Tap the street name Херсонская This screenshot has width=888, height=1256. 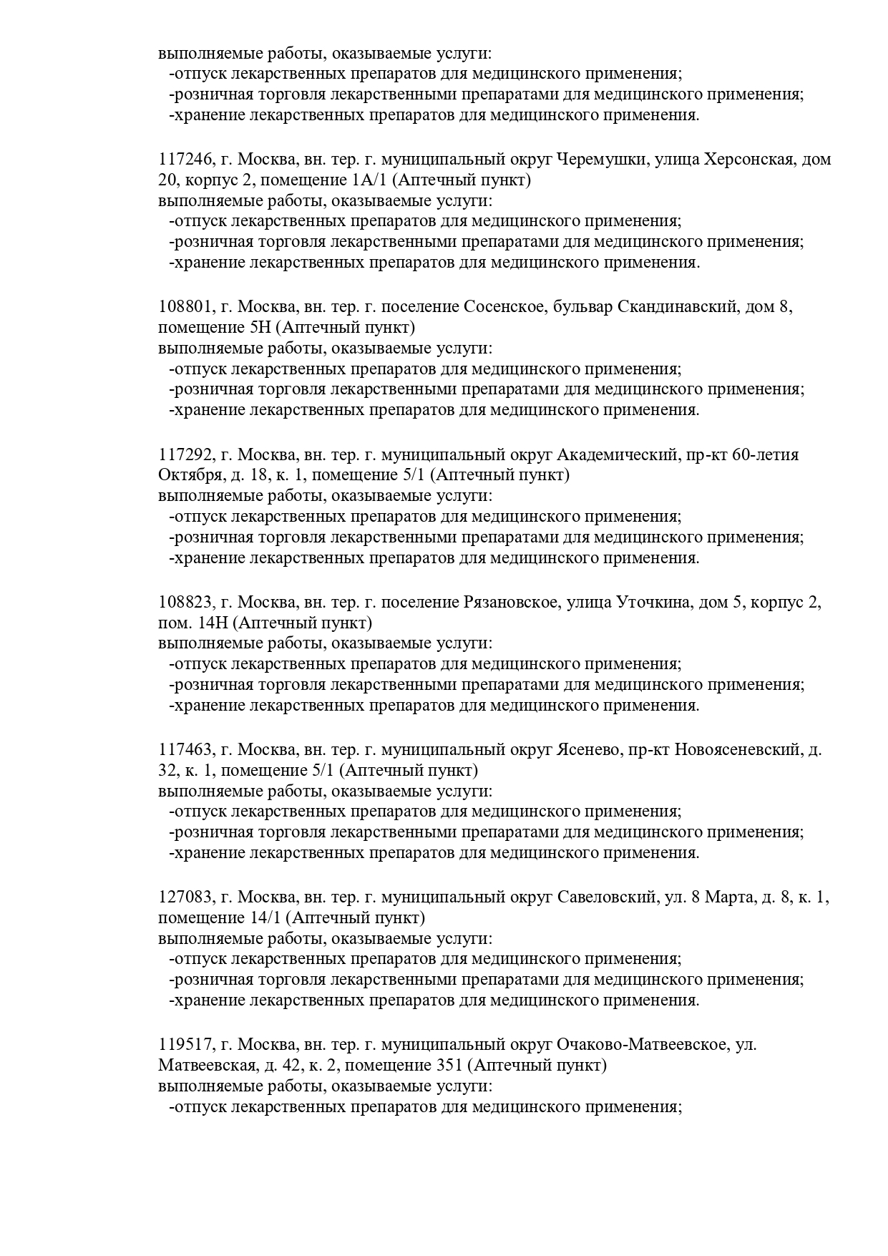[x=749, y=160]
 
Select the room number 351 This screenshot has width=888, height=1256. [x=449, y=1066]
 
